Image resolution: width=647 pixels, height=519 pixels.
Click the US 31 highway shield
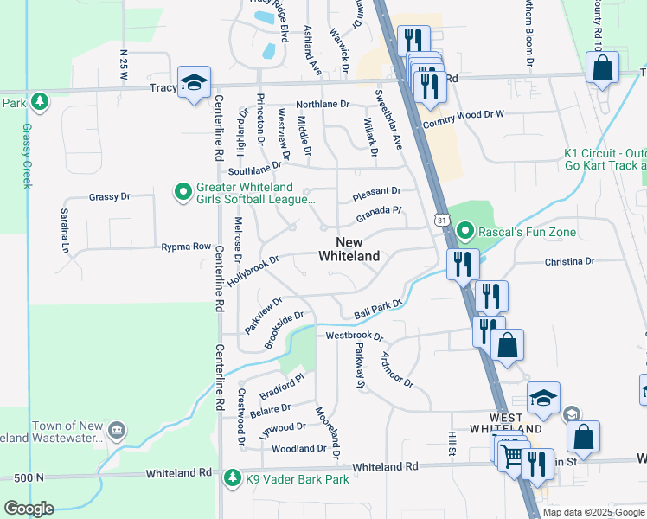coord(442,221)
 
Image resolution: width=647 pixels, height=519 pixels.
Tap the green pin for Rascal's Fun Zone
coord(465,230)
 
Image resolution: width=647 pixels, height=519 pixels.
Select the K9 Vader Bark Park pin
coord(232,477)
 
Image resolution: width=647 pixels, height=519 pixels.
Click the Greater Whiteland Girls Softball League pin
coord(183,191)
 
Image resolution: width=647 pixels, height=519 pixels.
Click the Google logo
coord(29,509)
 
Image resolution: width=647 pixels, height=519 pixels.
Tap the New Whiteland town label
coord(349,249)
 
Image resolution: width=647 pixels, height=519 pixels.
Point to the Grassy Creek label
coord(27,157)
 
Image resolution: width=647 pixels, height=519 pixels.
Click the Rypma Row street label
coord(186,247)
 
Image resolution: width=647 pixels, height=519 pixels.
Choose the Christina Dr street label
coord(569,260)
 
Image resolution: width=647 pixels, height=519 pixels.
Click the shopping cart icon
coord(512,454)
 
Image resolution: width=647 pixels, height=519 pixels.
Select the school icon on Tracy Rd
coord(194,83)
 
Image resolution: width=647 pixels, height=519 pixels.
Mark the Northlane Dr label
coord(322,104)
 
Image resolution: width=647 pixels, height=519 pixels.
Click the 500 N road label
coord(29,477)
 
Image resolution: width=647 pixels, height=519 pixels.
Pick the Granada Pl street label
coord(379,213)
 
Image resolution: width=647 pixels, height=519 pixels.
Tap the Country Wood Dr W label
coord(463,119)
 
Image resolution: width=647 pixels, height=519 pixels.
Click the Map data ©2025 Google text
coord(593,512)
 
